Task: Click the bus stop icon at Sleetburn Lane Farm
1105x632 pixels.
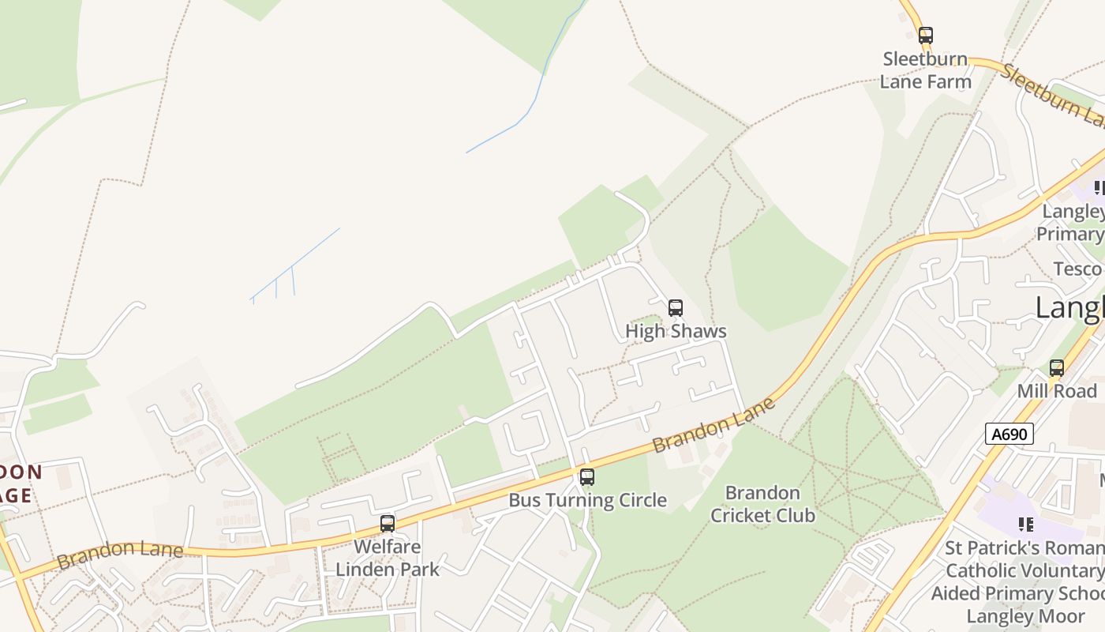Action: coord(925,36)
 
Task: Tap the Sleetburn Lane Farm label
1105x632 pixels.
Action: coord(925,70)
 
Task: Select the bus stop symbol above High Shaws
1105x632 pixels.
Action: coord(675,308)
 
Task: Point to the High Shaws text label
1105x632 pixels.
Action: coord(676,331)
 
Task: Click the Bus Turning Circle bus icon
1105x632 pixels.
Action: coord(586,477)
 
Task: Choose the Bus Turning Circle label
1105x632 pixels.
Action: coord(587,500)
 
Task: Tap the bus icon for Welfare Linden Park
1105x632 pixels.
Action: coord(387,523)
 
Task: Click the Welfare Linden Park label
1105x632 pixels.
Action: coord(388,558)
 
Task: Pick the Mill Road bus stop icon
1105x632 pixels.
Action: coord(1056,368)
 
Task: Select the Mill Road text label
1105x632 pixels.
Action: coord(1056,391)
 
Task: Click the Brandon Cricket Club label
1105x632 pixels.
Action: coord(762,504)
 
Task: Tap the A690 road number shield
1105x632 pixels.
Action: coord(1009,433)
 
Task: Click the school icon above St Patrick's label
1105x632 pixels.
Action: coord(1025,524)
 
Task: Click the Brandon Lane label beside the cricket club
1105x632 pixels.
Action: coord(714,427)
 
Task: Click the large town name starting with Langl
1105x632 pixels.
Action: coord(1069,308)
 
